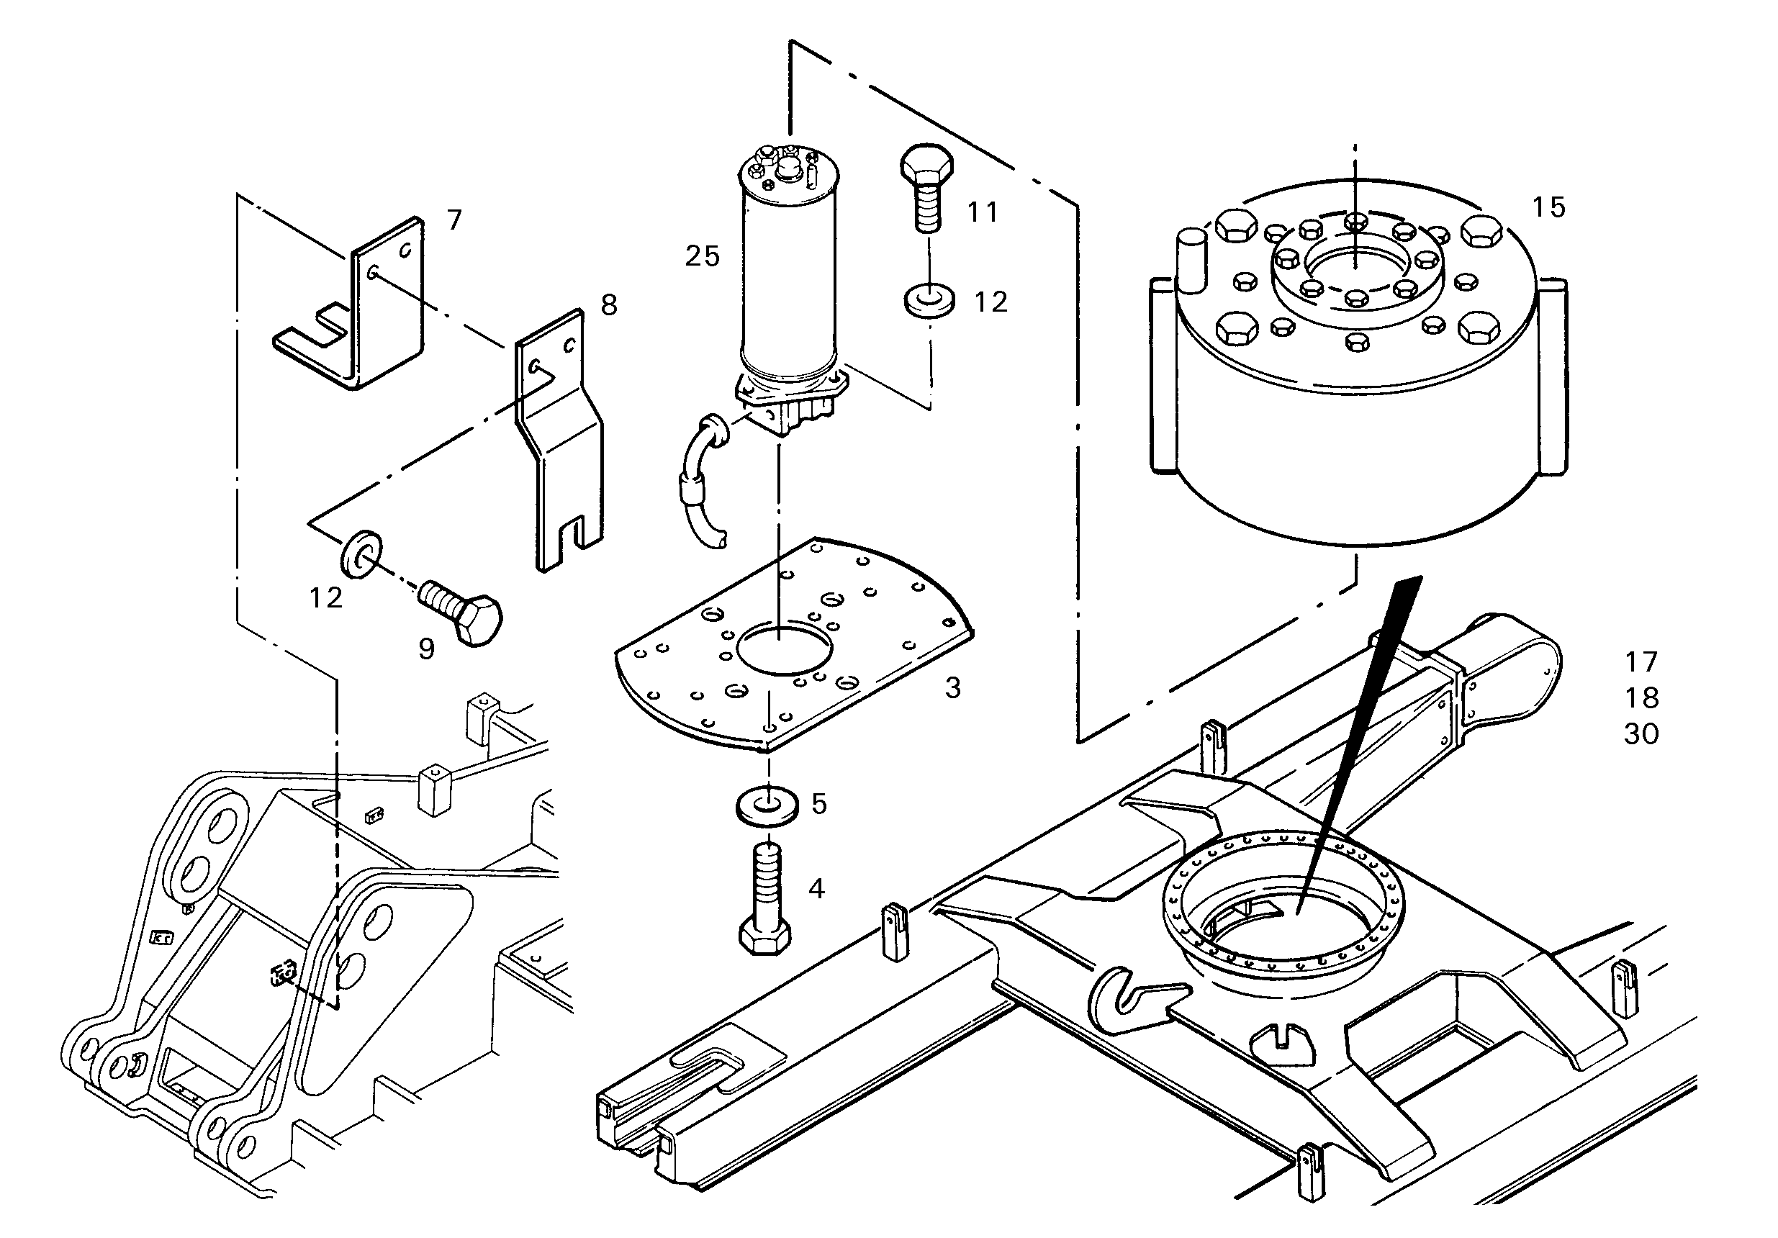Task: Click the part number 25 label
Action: (703, 256)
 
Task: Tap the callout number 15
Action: (1549, 207)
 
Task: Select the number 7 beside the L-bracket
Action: (454, 221)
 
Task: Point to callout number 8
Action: (610, 305)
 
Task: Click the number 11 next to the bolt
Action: (983, 212)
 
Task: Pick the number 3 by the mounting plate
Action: (952, 687)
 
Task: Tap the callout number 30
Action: (1641, 733)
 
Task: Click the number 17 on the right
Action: (1641, 662)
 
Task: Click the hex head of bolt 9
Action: (479, 620)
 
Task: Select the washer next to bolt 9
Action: (361, 554)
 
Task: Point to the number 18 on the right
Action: (1641, 697)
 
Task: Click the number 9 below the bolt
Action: (427, 649)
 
